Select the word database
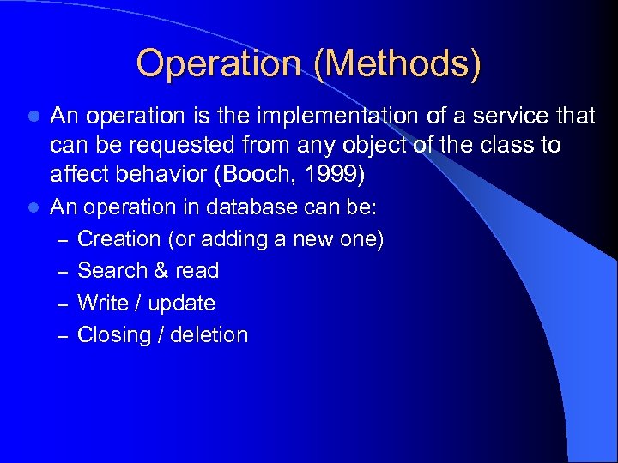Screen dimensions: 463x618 tap(257, 207)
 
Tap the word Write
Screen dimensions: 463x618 tap(102, 303)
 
